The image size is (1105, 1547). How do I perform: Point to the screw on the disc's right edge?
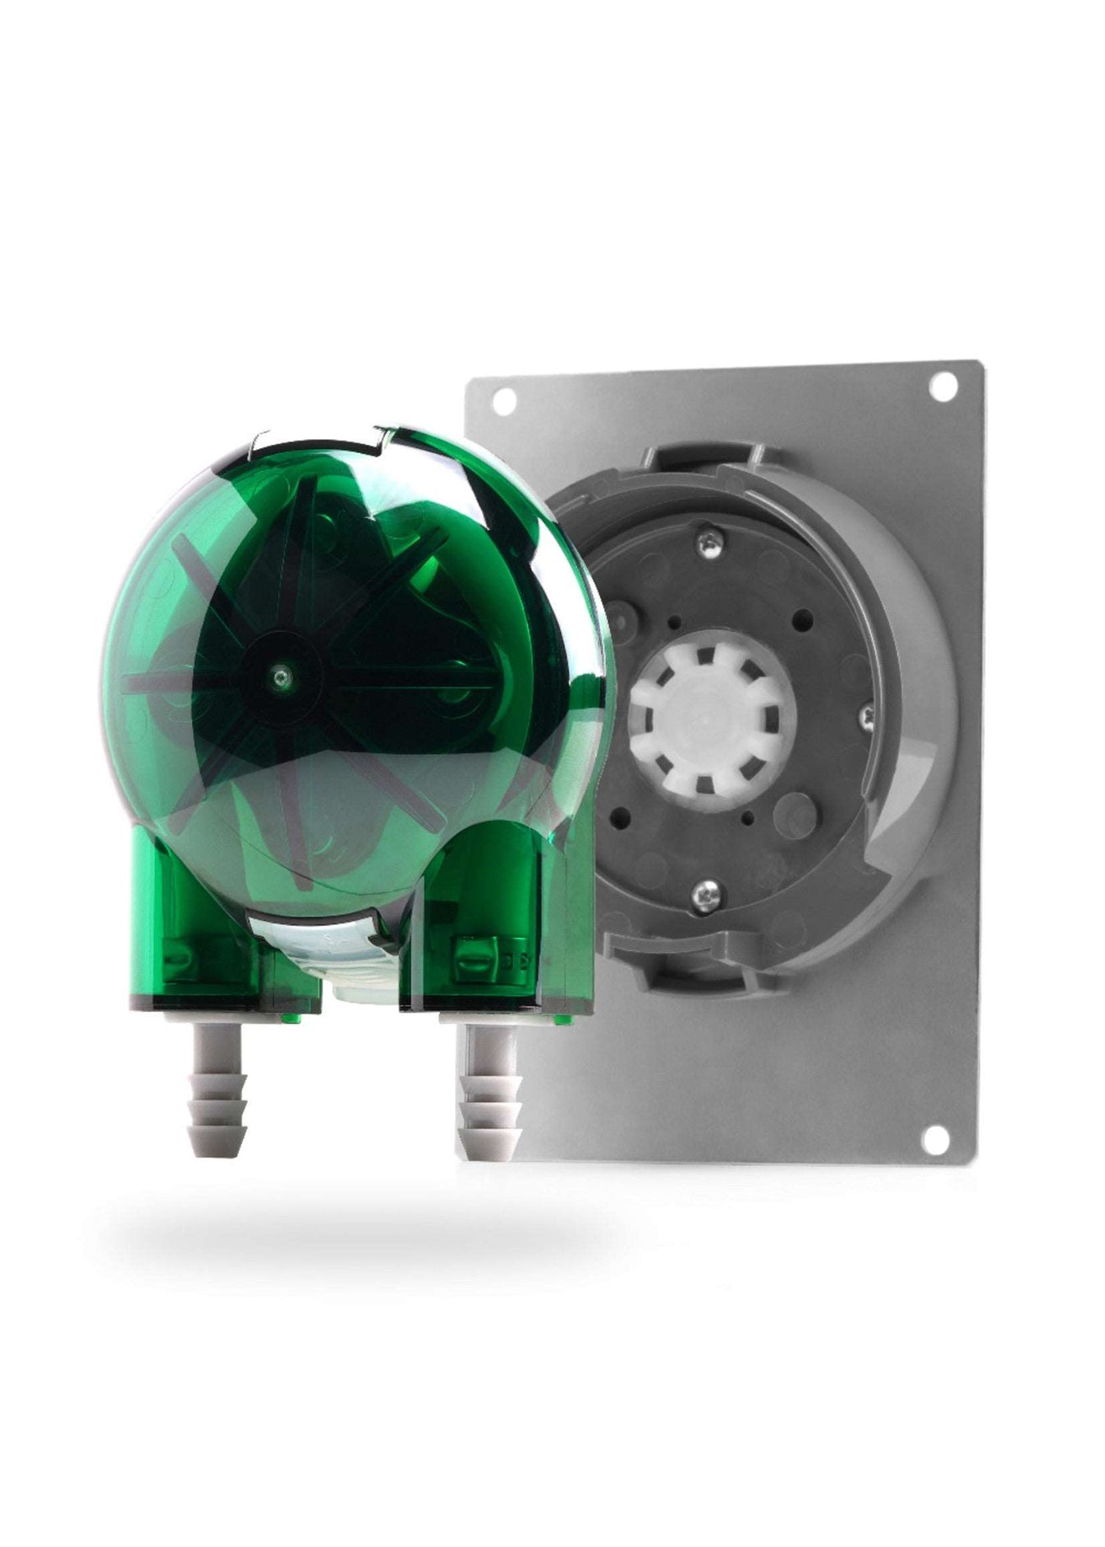pyautogui.click(x=866, y=714)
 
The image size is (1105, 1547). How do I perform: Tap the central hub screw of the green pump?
pyautogui.click(x=282, y=675)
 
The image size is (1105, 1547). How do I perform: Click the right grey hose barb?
pyautogui.click(x=489, y=1090)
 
